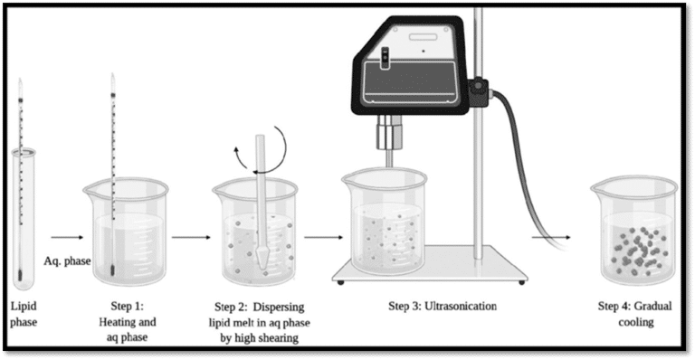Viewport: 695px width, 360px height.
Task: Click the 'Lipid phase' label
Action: coord(25,312)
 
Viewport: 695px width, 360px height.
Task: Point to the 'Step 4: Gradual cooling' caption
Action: coord(631,312)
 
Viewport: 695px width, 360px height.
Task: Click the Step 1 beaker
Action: coord(125,231)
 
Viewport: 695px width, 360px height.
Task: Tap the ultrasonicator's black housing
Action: coord(407,72)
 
